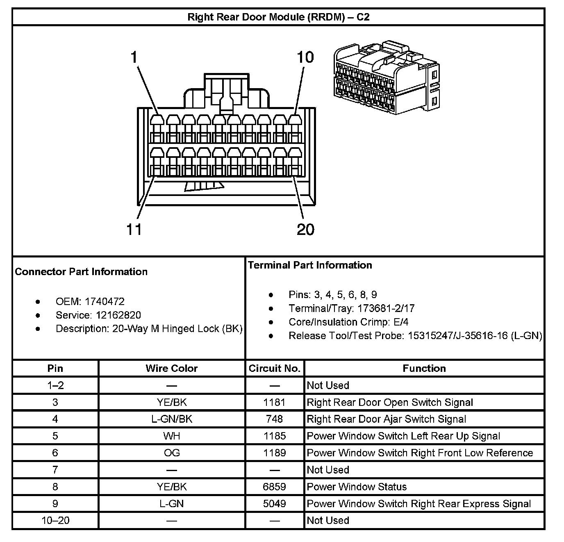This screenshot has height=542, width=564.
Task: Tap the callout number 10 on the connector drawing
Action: coord(305,57)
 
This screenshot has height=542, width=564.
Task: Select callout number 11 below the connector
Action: coord(134,229)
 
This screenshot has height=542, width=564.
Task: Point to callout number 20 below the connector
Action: coord(305,229)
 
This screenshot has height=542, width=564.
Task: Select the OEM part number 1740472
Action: coord(105,302)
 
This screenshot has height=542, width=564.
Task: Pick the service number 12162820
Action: coord(118,315)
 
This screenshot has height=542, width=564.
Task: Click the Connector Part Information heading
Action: coord(81,272)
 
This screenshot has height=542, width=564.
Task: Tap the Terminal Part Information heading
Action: coord(310,265)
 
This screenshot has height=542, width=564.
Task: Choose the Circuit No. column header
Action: coord(275,368)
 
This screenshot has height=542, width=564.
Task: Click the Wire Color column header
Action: coord(172,368)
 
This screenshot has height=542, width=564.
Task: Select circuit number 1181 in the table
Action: coord(275,402)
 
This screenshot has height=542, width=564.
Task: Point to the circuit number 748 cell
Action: coord(275,419)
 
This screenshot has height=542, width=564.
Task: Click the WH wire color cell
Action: coord(172,436)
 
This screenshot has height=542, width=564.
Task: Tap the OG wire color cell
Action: coord(172,453)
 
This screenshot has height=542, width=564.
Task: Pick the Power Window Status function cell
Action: coord(357,487)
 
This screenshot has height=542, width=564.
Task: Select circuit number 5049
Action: coord(275,503)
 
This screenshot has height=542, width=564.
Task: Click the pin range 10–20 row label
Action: coord(55,520)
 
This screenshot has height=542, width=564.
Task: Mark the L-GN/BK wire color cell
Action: coord(172,419)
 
